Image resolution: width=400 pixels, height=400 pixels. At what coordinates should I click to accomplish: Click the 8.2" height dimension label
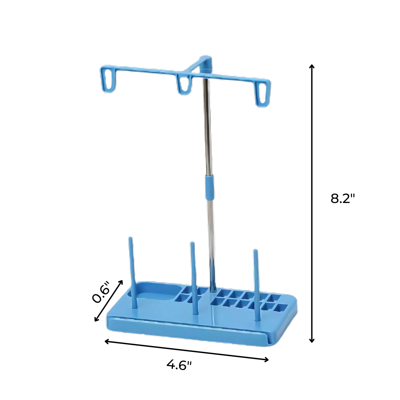pos(343,199)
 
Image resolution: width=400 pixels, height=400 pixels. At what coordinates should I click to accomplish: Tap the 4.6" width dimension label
pos(179,365)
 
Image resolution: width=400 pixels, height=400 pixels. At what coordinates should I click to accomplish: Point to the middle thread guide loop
pos(184,85)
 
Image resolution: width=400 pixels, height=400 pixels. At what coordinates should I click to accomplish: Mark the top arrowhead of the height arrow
pos(312,66)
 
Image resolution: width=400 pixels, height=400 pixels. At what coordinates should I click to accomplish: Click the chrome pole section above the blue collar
pos(207,127)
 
